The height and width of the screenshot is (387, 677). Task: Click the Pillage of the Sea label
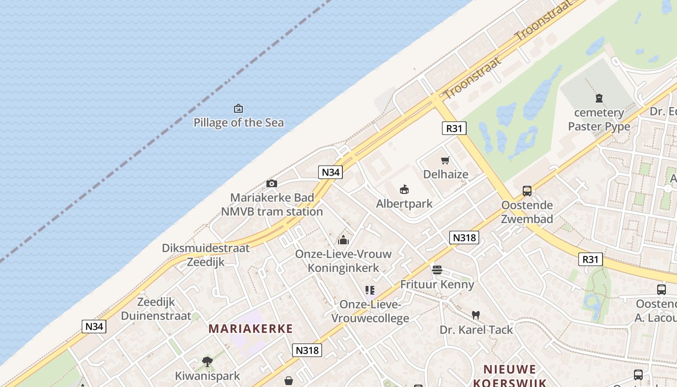238,122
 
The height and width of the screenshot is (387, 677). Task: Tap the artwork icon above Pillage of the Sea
238,108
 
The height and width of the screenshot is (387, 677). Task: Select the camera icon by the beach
272,183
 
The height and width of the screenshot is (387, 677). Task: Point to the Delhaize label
445,174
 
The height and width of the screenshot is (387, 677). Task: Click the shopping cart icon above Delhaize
445,160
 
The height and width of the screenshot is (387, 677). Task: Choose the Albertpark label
404,204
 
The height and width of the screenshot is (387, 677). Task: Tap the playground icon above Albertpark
404,189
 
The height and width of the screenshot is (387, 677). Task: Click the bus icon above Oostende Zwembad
527,191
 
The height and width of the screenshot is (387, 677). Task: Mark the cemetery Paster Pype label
599,119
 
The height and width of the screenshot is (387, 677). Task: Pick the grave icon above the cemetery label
599,98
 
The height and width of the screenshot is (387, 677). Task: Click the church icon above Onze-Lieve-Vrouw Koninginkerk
343,239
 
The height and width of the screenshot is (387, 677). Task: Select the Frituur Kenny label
437,284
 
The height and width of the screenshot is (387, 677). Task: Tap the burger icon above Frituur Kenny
437,270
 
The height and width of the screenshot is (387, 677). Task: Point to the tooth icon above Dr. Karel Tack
476,315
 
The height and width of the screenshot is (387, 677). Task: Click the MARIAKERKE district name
250,329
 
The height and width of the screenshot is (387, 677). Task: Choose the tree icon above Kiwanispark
207,361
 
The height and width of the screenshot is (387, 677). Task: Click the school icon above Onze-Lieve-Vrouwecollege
370,290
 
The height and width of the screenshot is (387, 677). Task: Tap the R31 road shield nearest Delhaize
454,128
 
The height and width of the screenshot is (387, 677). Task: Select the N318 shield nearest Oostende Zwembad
464,238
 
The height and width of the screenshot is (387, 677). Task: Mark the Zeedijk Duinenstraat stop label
149,309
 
